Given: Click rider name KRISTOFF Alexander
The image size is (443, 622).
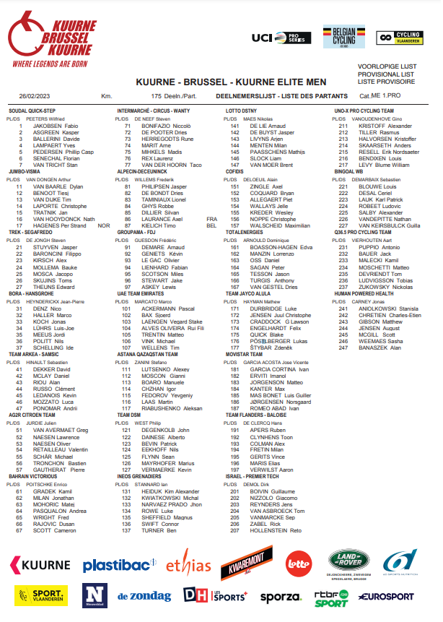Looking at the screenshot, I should pyautogui.click(x=382, y=126).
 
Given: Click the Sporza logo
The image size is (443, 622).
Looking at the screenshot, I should pyautogui.click(x=281, y=597).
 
